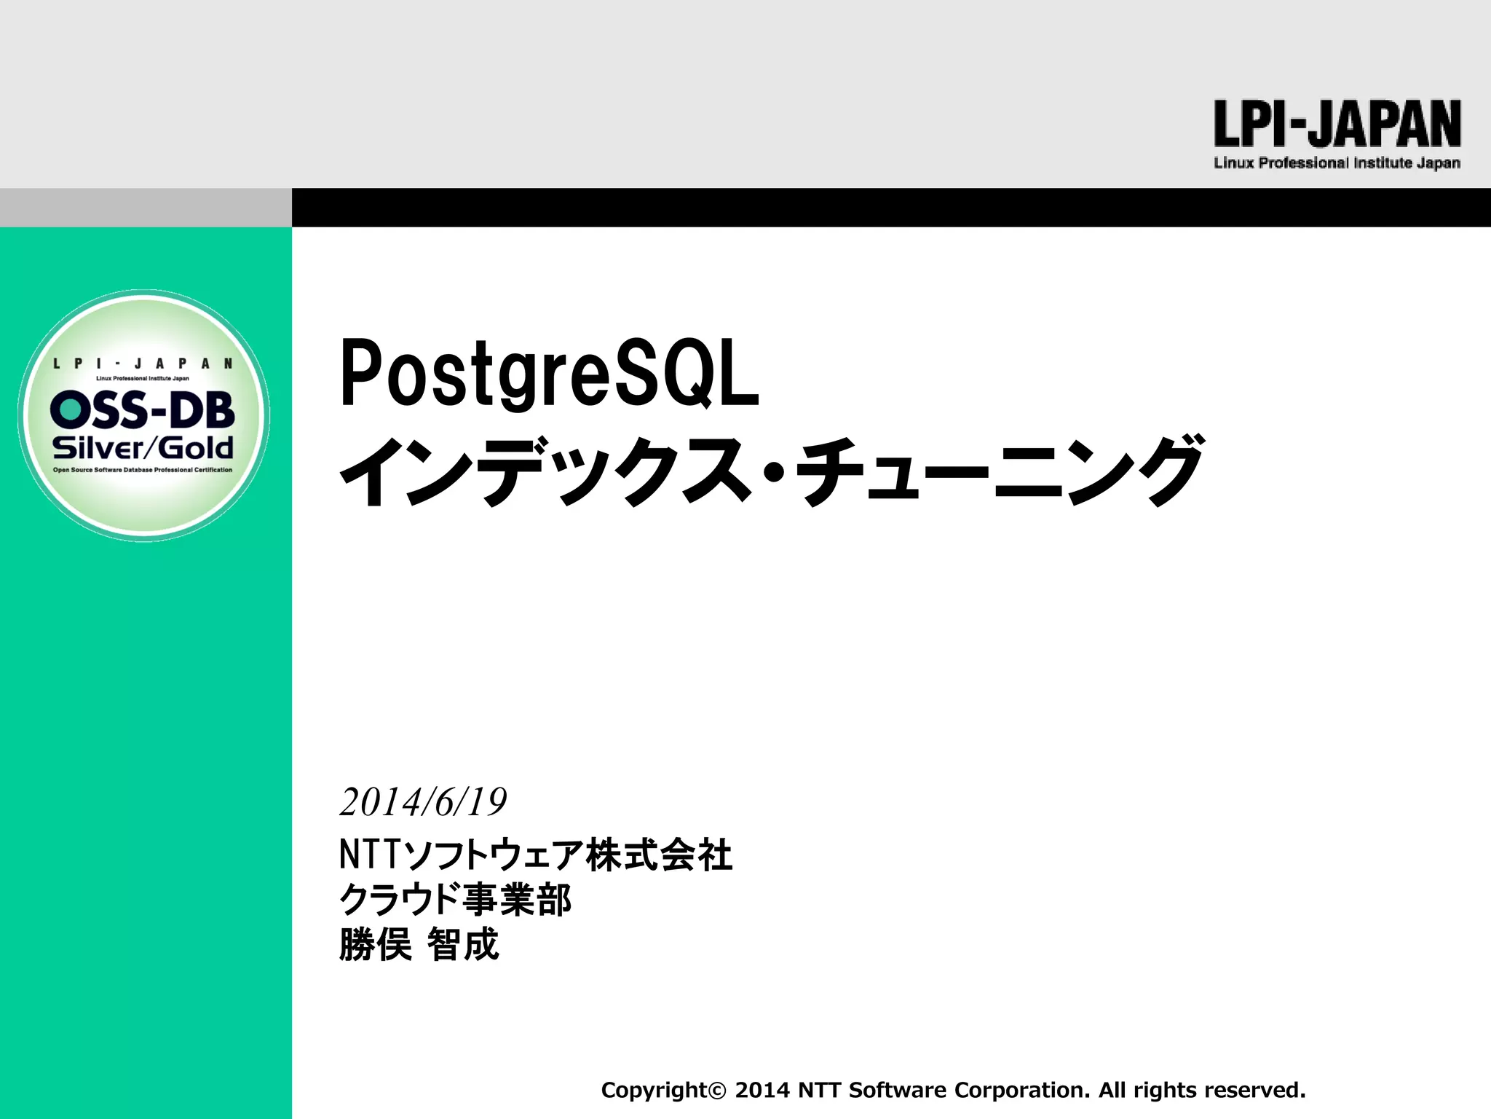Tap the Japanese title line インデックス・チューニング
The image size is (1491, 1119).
click(x=772, y=471)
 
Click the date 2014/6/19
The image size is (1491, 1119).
click(x=423, y=802)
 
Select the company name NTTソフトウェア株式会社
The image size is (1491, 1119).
click(x=535, y=855)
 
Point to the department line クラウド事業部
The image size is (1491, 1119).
click(x=455, y=900)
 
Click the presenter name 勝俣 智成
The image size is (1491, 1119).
click(x=419, y=945)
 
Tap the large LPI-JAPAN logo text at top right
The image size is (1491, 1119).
click(x=1337, y=125)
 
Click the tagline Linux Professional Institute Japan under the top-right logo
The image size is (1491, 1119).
click(x=1337, y=163)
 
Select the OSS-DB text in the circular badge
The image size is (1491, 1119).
click(x=143, y=409)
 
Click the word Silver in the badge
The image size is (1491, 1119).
click(x=98, y=447)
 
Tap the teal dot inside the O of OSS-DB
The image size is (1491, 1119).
click(x=70, y=409)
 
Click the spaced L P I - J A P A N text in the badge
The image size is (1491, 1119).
click(x=143, y=364)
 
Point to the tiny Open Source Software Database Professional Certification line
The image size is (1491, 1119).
click(x=143, y=470)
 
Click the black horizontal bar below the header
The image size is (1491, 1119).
click(x=891, y=208)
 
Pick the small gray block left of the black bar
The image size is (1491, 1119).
click(x=146, y=208)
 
